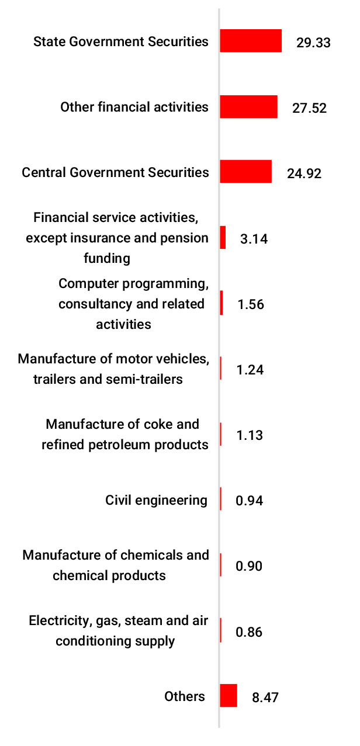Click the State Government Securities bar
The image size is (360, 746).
[x=251, y=41]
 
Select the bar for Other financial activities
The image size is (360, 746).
[x=248, y=107]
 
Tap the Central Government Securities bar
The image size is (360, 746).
[x=245, y=172]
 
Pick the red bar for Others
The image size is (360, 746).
[x=229, y=696]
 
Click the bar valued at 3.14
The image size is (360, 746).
[x=223, y=238]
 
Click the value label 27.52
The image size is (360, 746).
[x=309, y=108]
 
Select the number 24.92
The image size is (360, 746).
[x=304, y=174]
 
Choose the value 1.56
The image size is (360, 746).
[x=251, y=305]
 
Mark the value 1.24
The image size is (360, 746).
[x=250, y=370]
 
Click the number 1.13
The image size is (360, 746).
[x=250, y=435]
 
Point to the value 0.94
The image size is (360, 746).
[x=250, y=501]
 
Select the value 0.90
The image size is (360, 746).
[x=250, y=566]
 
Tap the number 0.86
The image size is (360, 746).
[x=250, y=632]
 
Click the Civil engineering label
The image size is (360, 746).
[x=156, y=500]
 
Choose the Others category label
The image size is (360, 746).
[x=185, y=696]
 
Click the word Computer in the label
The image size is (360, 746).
[x=85, y=284]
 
